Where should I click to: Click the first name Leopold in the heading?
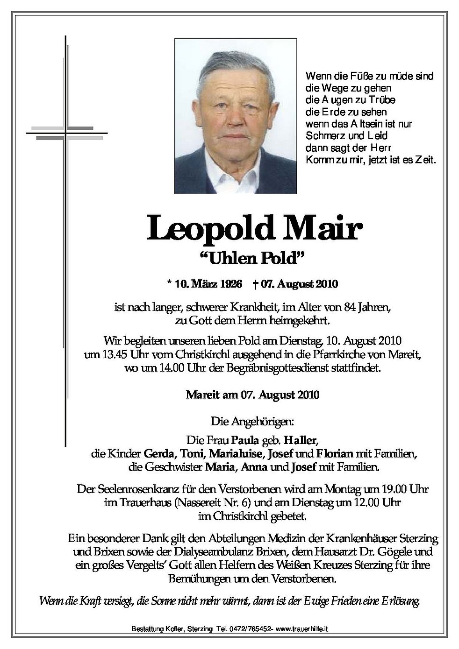pyautogui.click(x=209, y=229)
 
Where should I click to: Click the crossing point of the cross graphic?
pyautogui.click(x=65, y=133)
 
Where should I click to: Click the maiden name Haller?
pyautogui.click(x=302, y=439)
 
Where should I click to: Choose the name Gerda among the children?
pyautogui.click(x=158, y=453)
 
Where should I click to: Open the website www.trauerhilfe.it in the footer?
pyautogui.click(x=302, y=629)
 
